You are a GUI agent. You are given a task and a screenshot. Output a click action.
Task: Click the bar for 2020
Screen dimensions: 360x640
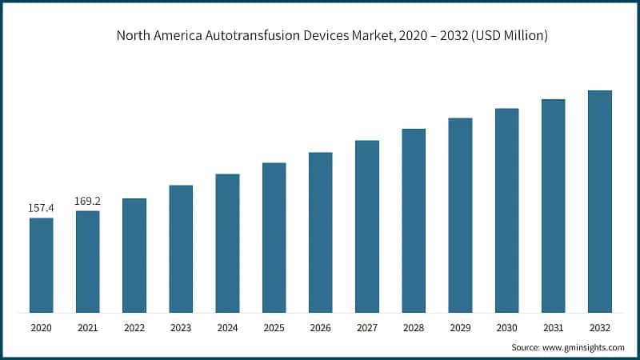pyautogui.click(x=42, y=265)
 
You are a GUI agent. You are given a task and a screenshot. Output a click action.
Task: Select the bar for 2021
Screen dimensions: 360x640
pyautogui.click(x=88, y=262)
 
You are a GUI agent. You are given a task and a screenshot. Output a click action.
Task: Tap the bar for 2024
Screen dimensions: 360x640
pyautogui.click(x=227, y=243)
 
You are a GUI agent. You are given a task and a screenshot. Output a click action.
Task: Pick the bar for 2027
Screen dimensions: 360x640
pyautogui.click(x=367, y=226)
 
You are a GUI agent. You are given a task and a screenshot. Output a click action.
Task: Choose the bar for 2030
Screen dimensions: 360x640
pyautogui.click(x=506, y=210)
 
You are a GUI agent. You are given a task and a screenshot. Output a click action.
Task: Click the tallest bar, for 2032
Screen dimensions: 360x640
pyautogui.click(x=600, y=202)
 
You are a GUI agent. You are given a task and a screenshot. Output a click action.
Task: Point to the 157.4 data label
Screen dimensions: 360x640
pyautogui.click(x=42, y=208)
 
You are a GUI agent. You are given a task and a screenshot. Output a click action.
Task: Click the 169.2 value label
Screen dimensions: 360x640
pyautogui.click(x=88, y=201)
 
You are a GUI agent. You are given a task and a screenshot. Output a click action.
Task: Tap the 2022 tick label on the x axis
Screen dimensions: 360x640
pyautogui.click(x=134, y=328)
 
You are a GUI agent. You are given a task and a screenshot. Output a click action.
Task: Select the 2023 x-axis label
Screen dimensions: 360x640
pyautogui.click(x=181, y=328)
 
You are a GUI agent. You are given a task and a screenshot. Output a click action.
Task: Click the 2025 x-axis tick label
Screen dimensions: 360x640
pyautogui.click(x=274, y=328)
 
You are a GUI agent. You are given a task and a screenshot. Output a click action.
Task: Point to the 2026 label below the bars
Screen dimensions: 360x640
pyautogui.click(x=320, y=328)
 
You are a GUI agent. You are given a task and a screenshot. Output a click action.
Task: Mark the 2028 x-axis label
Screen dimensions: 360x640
pyautogui.click(x=414, y=328)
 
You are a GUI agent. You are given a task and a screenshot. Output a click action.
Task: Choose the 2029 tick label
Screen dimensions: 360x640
pyautogui.click(x=460, y=328)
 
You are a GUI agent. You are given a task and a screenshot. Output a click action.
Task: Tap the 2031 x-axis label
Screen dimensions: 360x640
pyautogui.click(x=553, y=328)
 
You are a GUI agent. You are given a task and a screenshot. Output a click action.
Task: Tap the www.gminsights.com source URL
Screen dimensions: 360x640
pyautogui.click(x=584, y=348)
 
